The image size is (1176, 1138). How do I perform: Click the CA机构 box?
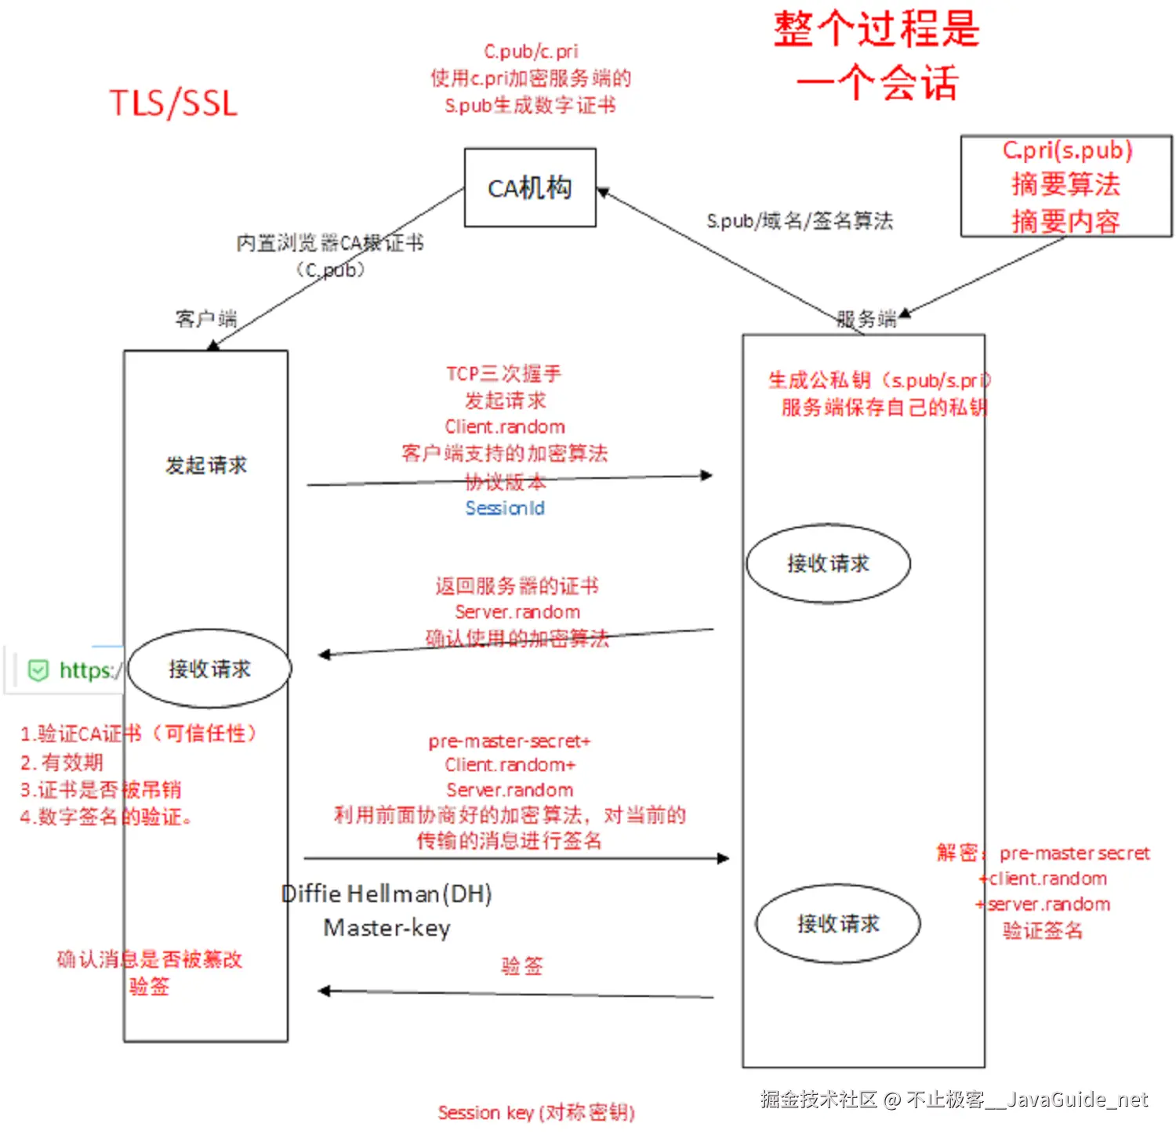[x=530, y=188]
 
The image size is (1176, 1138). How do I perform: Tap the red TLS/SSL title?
[x=173, y=103]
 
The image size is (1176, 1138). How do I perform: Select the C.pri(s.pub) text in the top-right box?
[x=1067, y=150]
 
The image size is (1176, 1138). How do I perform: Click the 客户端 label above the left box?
[x=205, y=318]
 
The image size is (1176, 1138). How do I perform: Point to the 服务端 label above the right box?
[x=866, y=319]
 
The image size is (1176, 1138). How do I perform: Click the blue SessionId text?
[x=505, y=509]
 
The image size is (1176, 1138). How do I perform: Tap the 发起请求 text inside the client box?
[x=206, y=466]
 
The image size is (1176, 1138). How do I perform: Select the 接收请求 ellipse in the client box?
[x=209, y=669]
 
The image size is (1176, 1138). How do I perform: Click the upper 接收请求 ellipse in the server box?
[x=828, y=564]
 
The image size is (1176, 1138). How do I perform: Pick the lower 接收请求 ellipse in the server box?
[x=838, y=924]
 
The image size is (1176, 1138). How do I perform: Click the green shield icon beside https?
[x=38, y=671]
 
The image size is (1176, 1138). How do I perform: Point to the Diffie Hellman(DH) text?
[x=387, y=893]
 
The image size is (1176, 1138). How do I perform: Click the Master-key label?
[x=387, y=928]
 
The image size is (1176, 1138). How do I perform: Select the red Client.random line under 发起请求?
[x=505, y=427]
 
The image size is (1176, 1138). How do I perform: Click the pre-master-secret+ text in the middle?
[x=510, y=741]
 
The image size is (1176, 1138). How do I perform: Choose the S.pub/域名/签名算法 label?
[x=800, y=221]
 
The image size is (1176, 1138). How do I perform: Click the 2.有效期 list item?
[x=62, y=763]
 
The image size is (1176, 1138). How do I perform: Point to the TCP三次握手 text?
[x=504, y=374]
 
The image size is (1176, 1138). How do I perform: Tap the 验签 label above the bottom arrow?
[x=522, y=966]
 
